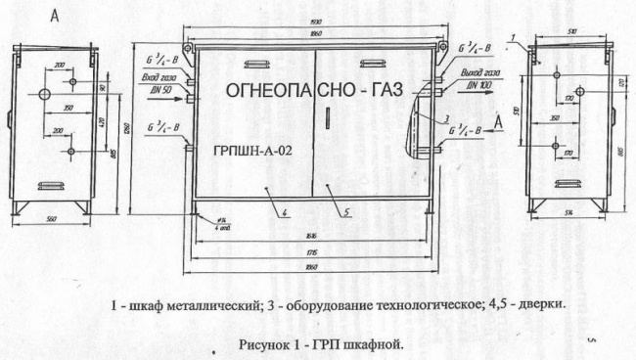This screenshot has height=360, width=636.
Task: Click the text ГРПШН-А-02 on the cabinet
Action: (251, 152)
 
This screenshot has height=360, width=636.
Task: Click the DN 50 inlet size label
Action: (161, 89)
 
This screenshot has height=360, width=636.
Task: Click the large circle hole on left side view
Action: (44, 93)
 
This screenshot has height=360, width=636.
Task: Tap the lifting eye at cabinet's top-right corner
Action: (441, 45)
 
